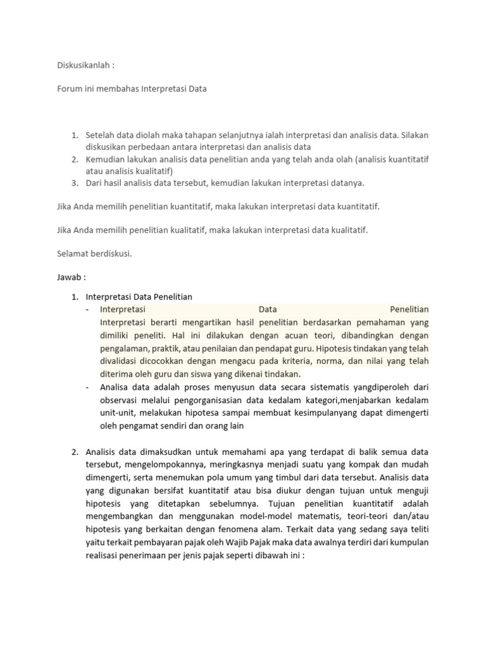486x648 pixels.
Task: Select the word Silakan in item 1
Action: pos(413,135)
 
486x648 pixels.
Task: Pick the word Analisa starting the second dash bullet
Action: pos(116,387)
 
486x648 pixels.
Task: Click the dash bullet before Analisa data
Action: pos(87,387)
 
